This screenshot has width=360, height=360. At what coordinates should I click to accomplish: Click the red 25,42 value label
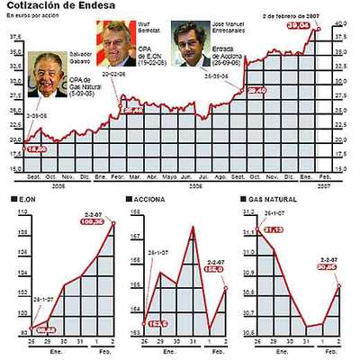click(131, 110)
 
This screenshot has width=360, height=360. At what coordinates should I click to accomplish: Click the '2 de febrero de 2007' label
click(292, 16)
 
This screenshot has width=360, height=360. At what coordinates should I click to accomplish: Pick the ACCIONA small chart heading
click(148, 197)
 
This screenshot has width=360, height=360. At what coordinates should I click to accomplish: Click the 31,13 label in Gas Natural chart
click(274, 229)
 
